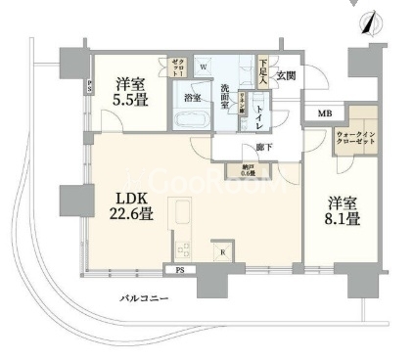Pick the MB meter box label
tap(324, 114)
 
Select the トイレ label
tap(257, 115)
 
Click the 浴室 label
tap(192, 98)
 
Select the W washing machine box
tap(204, 67)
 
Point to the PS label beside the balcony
tap(180, 269)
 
